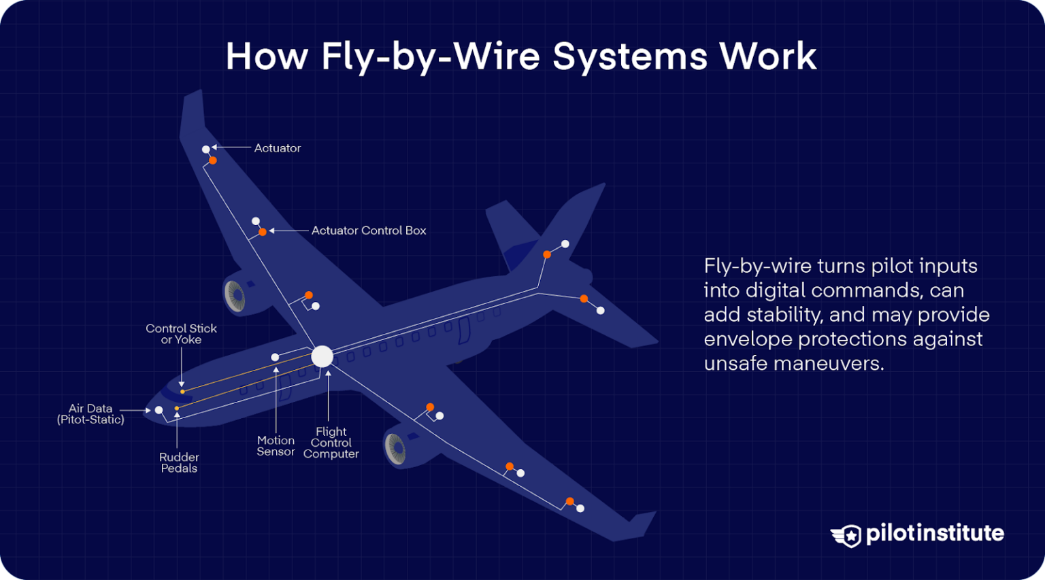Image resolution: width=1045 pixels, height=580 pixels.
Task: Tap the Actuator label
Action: click(x=277, y=148)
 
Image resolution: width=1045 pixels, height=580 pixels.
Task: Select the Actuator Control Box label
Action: click(x=369, y=231)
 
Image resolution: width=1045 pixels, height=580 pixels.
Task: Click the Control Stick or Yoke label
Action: click(x=181, y=334)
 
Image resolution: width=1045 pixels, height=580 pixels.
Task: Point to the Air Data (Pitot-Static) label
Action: click(x=90, y=414)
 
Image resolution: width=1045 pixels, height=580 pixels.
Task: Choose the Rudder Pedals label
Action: click(x=179, y=462)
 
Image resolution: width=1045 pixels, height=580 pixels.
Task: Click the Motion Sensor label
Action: click(x=276, y=446)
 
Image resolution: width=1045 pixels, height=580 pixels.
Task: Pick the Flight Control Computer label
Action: click(x=331, y=443)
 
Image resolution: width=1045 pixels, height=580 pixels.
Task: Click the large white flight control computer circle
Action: click(x=322, y=356)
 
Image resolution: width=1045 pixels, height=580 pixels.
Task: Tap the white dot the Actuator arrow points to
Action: click(x=206, y=149)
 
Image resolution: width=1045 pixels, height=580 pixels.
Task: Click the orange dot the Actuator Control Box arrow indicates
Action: click(x=263, y=232)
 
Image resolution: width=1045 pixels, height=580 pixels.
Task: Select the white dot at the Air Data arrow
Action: click(x=159, y=410)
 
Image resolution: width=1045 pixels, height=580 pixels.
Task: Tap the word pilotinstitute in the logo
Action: click(x=935, y=533)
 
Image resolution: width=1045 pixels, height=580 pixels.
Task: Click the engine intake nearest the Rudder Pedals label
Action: click(x=395, y=448)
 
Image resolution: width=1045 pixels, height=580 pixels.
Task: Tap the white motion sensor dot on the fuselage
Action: click(x=275, y=357)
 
